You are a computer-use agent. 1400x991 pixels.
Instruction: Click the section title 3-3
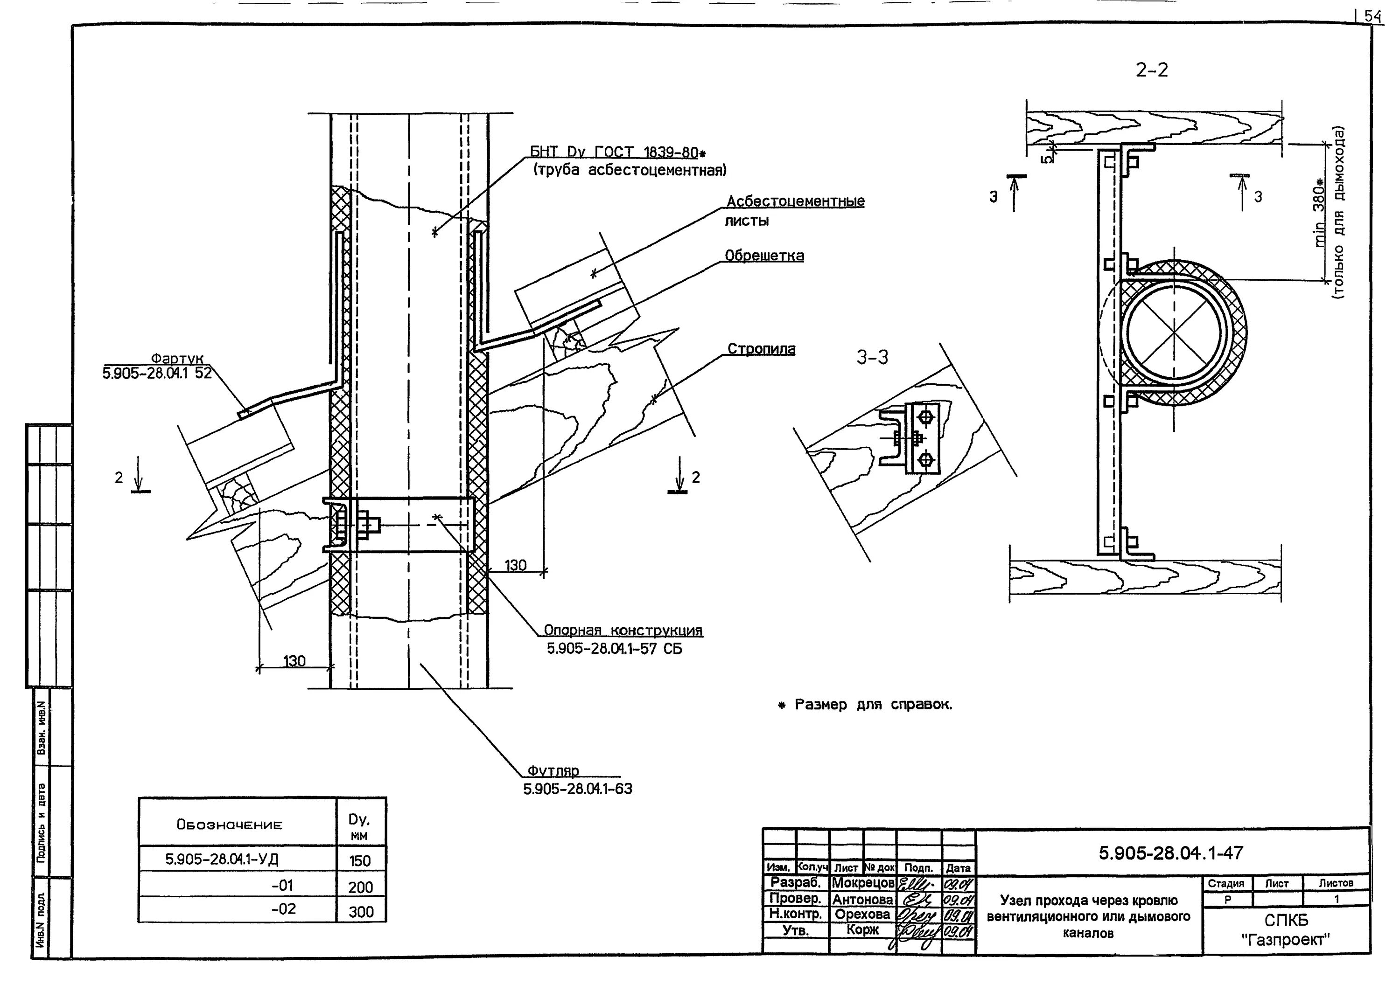(x=872, y=358)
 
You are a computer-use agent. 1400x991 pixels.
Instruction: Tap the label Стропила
(x=761, y=348)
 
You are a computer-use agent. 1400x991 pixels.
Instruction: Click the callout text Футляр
(x=553, y=771)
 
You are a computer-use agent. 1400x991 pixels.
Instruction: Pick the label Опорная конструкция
(x=623, y=631)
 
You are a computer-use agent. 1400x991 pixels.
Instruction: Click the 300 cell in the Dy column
(x=360, y=912)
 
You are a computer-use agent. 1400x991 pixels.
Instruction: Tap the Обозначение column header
(x=230, y=825)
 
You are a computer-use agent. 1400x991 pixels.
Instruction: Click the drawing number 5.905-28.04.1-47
(x=1171, y=852)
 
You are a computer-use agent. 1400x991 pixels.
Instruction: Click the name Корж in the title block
(x=862, y=930)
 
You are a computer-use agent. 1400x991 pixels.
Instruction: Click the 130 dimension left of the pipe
(x=294, y=661)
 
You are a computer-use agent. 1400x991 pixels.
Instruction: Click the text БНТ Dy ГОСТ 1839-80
(x=614, y=152)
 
